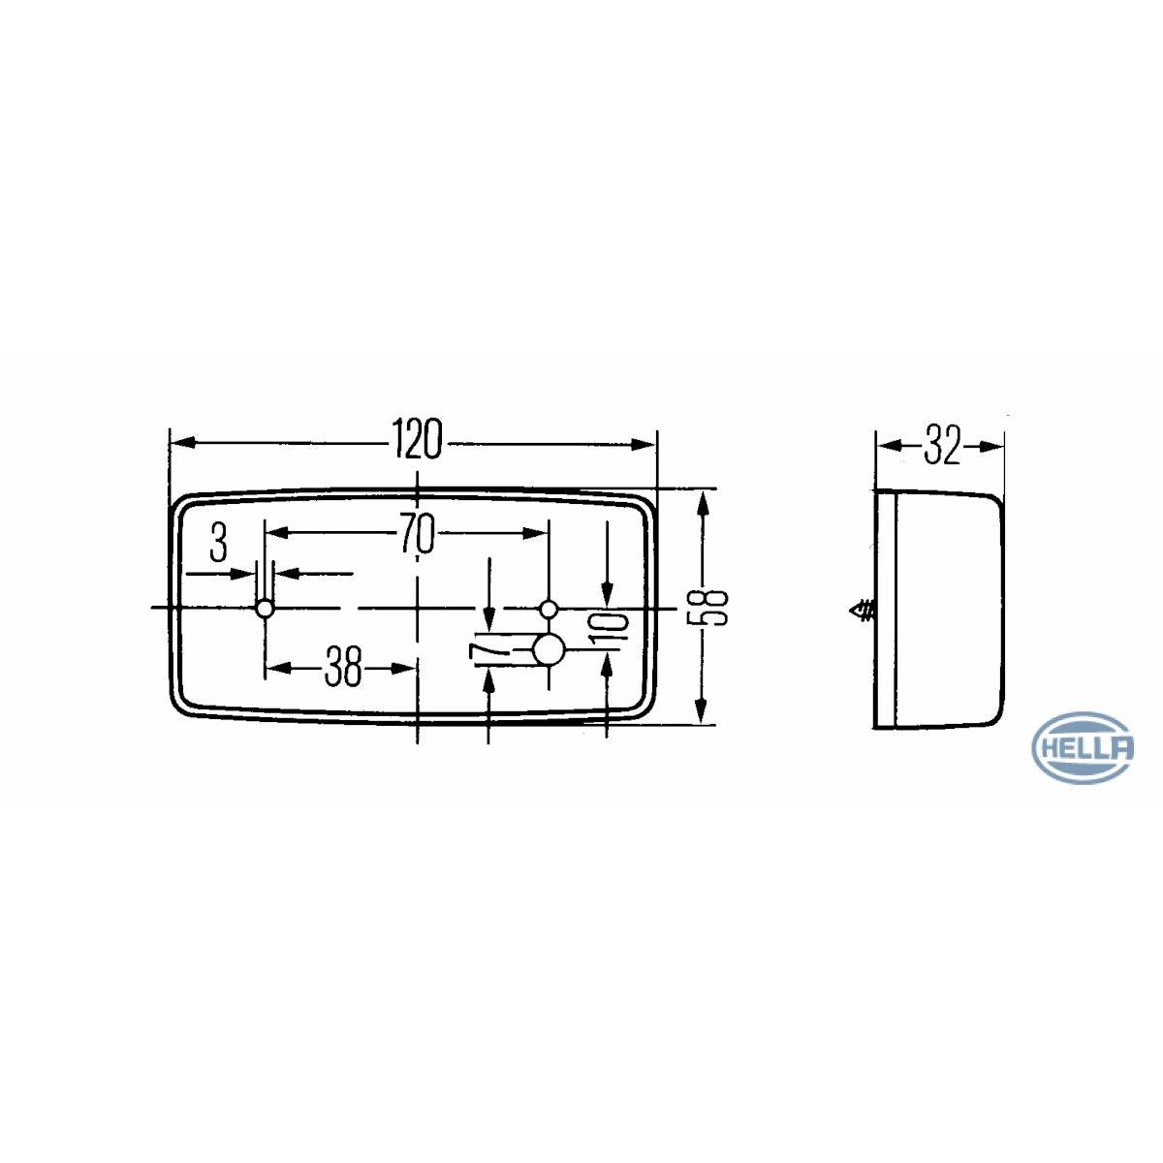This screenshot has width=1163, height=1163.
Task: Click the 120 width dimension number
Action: [418, 439]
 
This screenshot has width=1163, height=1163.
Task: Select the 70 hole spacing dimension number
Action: [418, 533]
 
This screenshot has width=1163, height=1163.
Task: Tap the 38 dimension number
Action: [343, 666]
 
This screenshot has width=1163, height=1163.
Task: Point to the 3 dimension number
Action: [218, 542]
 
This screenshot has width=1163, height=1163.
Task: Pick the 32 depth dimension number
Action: [941, 447]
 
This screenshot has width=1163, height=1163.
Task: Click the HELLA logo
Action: [1084, 748]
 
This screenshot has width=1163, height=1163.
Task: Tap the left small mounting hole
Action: [265, 609]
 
